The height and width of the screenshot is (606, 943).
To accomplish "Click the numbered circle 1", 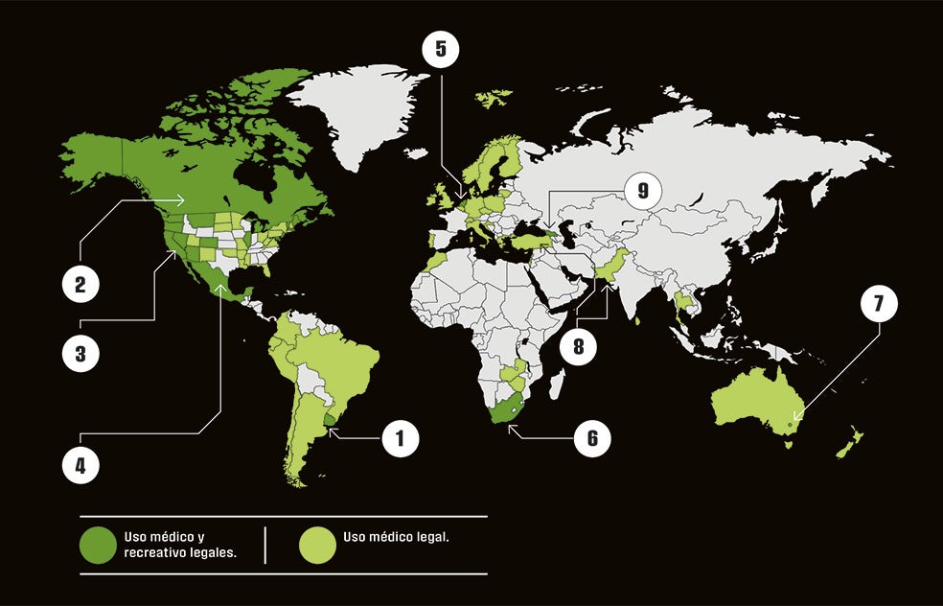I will pos(401,439).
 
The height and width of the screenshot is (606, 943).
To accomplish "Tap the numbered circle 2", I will pos(80,285).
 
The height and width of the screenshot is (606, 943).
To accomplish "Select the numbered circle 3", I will pos(80,353).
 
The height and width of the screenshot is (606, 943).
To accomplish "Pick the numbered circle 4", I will pos(80,465).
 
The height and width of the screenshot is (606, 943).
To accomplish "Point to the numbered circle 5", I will pos(440,49).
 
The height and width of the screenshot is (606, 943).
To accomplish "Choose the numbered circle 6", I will pos(592,438).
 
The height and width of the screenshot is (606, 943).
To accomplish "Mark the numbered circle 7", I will pos(878,304).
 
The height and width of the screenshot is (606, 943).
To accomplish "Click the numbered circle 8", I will pos(578,345).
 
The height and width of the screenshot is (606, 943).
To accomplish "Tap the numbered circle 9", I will pos(643,191).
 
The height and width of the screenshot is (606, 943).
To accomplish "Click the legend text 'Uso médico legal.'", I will pos(396,537).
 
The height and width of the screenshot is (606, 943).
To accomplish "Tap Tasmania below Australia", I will pos(788,443).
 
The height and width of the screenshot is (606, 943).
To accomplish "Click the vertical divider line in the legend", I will pos(265,545).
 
